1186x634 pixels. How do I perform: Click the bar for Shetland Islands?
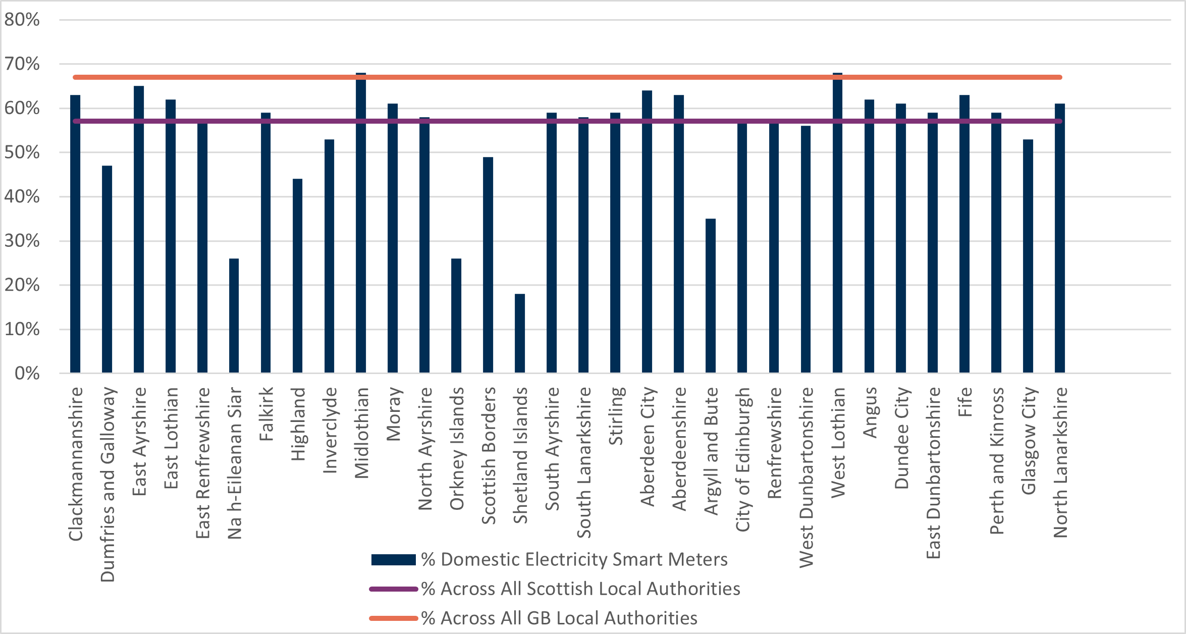tap(520, 333)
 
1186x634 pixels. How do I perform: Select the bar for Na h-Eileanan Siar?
tap(234, 315)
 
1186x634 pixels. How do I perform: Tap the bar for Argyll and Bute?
tap(711, 296)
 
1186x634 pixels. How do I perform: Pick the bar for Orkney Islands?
tap(456, 315)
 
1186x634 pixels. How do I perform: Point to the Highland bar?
tap(298, 276)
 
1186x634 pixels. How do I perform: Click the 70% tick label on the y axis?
tap(22, 64)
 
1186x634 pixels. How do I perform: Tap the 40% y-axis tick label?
tap(22, 196)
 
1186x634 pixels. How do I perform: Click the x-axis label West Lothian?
tap(838, 442)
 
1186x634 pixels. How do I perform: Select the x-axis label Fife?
tap(965, 402)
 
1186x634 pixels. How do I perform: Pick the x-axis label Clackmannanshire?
tap(76, 463)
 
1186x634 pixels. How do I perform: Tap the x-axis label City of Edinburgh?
tap(742, 459)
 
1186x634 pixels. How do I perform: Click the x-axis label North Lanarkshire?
tap(1060, 462)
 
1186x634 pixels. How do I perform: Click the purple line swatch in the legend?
tap(394, 589)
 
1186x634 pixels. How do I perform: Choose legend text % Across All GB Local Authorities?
tap(559, 618)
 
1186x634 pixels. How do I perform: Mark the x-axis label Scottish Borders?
tap(489, 455)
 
